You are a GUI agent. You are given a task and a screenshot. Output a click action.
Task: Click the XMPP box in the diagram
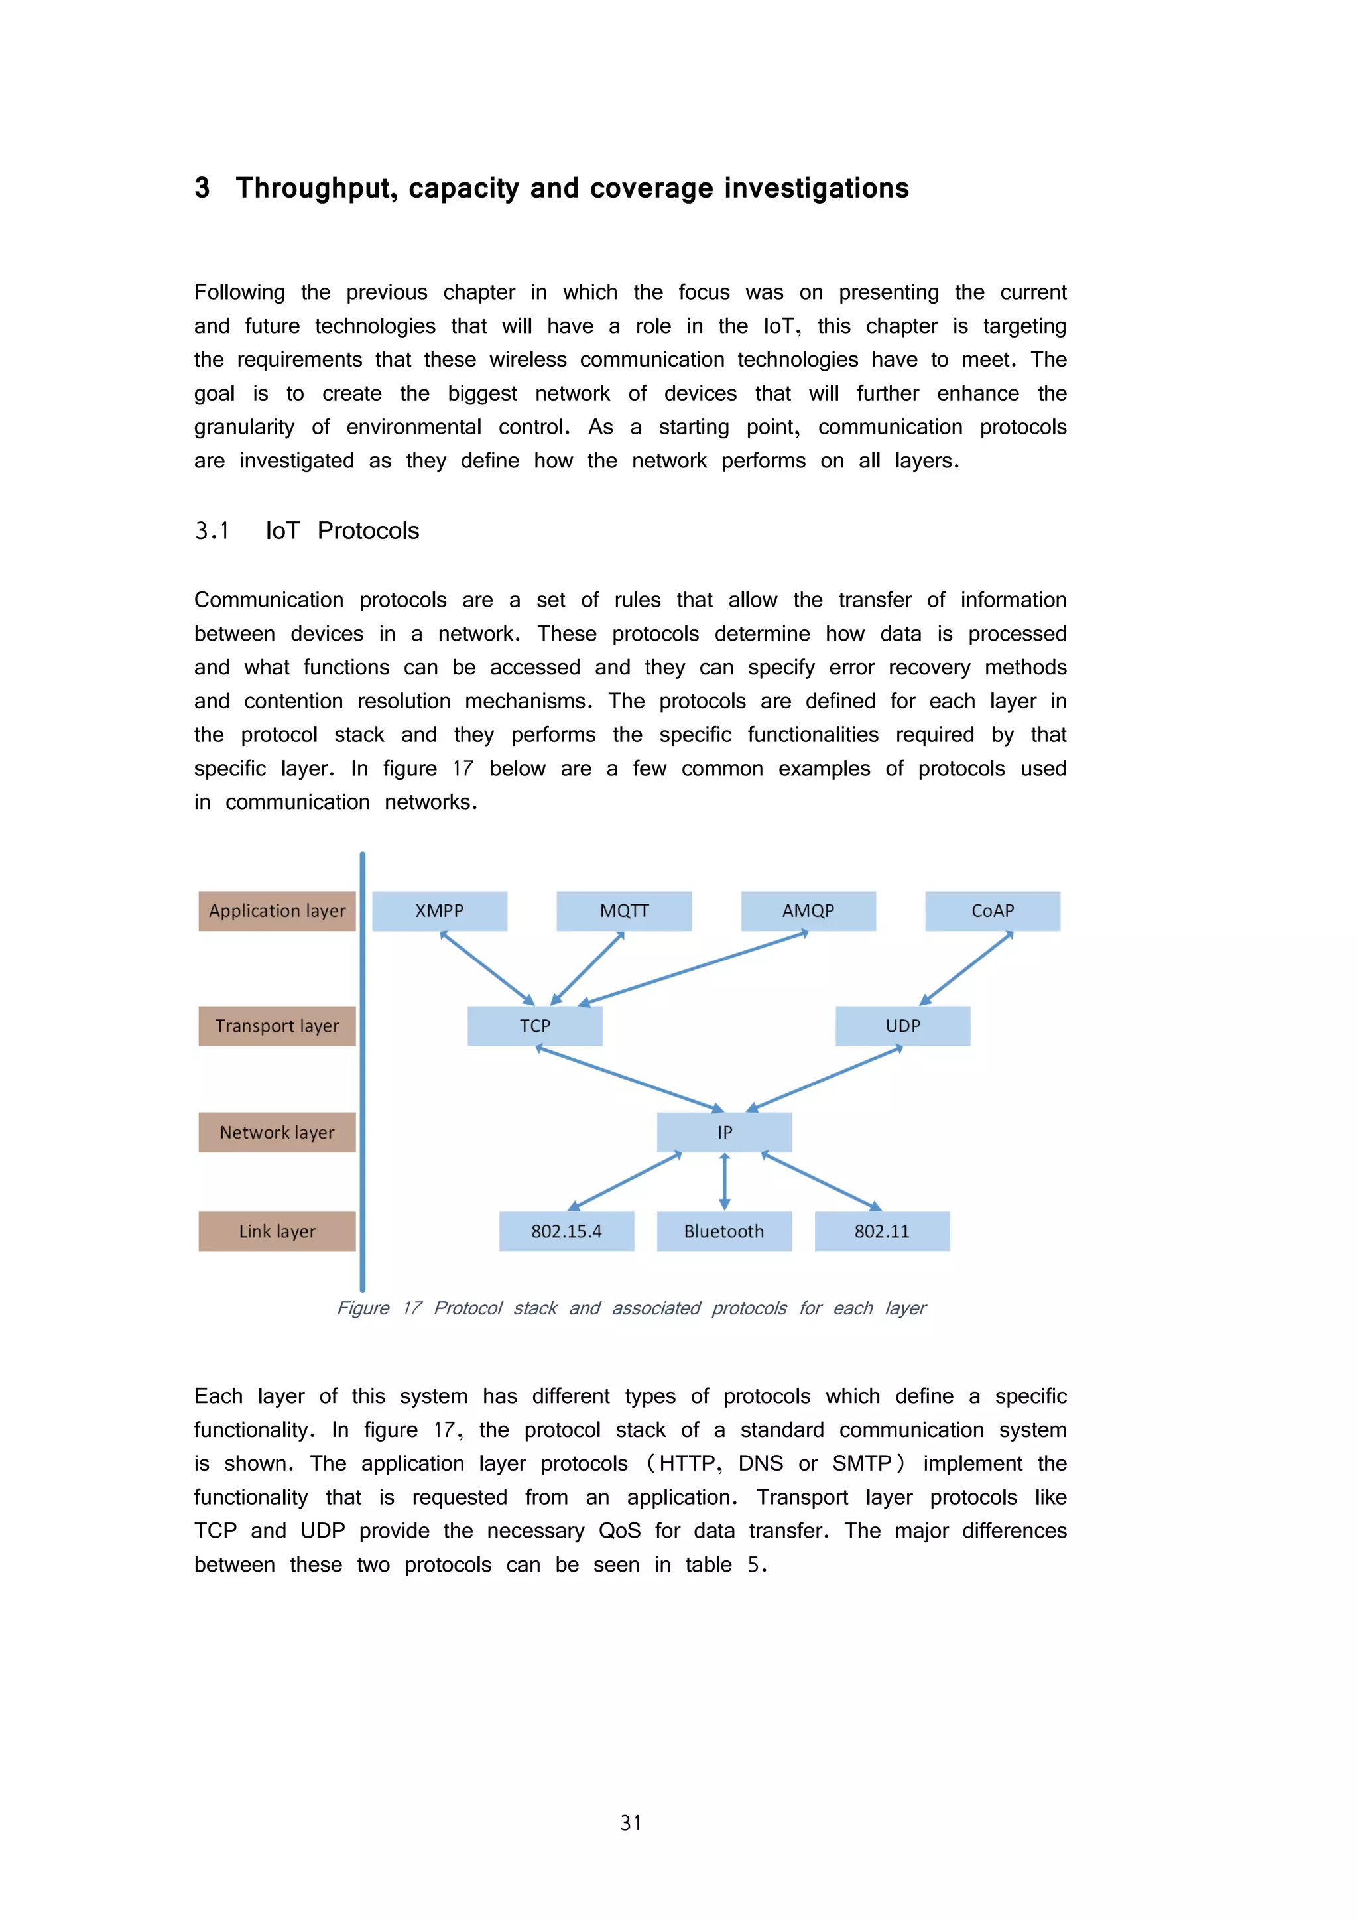439,910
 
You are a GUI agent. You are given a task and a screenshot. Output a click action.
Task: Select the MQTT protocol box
624,910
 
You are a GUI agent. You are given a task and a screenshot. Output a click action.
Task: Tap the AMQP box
808,910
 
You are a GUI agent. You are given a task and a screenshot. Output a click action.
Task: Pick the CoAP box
993,910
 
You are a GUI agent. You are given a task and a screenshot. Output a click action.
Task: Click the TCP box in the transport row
534,1026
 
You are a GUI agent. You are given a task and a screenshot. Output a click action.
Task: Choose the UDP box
903,1026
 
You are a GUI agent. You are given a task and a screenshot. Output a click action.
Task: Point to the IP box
725,1132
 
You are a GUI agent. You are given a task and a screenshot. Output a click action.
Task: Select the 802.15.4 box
566,1231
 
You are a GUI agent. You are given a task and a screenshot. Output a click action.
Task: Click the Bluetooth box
724,1231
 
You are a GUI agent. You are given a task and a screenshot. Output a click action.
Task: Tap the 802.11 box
882,1231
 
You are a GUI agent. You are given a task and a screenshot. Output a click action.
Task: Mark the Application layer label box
277,910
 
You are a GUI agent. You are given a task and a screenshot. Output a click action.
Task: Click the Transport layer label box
277,1026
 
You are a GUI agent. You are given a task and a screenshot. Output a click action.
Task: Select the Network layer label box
277,1132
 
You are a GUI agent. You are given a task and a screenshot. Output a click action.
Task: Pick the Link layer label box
277,1231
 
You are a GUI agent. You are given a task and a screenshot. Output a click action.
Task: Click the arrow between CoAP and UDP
966,968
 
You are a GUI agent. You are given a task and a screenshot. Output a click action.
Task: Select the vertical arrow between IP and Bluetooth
725,1182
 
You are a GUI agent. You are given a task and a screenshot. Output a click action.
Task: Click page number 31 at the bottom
631,1823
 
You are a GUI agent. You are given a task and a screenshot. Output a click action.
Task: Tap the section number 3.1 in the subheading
212,530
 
